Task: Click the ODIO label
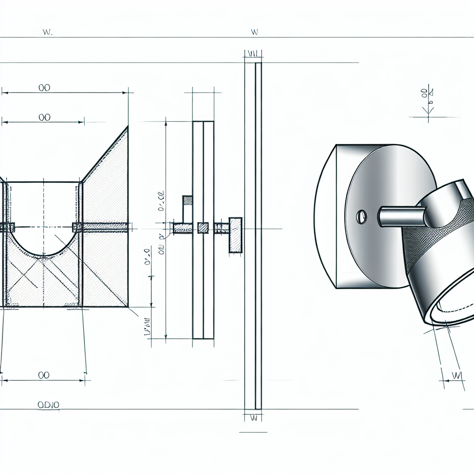[48, 405]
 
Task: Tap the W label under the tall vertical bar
[253, 418]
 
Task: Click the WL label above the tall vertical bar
[253, 54]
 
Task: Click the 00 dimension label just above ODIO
[44, 375]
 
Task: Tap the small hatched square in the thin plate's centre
[203, 227]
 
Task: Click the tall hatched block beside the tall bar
[236, 234]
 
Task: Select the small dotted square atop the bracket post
[187, 200]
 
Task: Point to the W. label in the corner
[46, 32]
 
